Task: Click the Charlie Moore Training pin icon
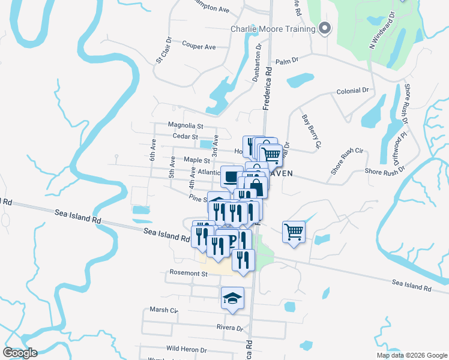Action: (x=325, y=29)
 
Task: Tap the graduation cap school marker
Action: (x=232, y=298)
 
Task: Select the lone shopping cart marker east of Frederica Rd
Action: (x=294, y=231)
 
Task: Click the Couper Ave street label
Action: (x=199, y=46)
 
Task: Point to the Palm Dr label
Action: (x=286, y=61)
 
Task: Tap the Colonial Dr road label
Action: (x=352, y=91)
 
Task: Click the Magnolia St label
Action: (x=186, y=126)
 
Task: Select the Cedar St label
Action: (x=185, y=136)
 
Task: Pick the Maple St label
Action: (x=197, y=160)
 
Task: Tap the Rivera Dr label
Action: (x=230, y=328)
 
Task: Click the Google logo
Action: (x=20, y=353)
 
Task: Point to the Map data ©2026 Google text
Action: (x=412, y=355)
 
